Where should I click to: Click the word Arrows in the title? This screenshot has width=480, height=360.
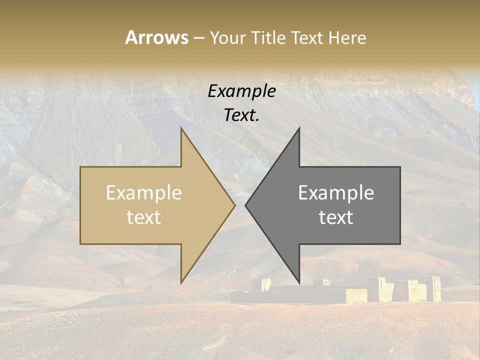pyautogui.click(x=157, y=37)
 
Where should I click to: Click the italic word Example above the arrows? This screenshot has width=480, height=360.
pyautogui.click(x=241, y=91)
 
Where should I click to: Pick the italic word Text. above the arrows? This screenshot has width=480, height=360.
pyautogui.click(x=241, y=115)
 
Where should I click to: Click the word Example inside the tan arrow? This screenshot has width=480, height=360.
pyautogui.click(x=144, y=192)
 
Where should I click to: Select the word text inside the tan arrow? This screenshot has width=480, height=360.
pyautogui.click(x=144, y=217)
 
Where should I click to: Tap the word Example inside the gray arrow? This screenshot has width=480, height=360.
pyautogui.click(x=336, y=192)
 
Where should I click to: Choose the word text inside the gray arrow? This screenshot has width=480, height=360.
pyautogui.click(x=336, y=217)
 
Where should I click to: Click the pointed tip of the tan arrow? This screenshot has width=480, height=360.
pyautogui.click(x=234, y=205)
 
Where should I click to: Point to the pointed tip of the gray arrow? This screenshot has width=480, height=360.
pyautogui.click(x=246, y=205)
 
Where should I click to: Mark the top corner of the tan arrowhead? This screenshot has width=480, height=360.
pyautogui.click(x=181, y=128)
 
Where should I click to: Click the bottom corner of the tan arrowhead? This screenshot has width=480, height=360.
pyautogui.click(x=181, y=282)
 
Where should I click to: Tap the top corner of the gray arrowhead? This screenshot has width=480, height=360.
pyautogui.click(x=299, y=128)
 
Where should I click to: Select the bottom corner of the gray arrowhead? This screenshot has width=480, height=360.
pyautogui.click(x=299, y=282)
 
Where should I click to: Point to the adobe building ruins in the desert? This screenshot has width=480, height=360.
pyautogui.click(x=350, y=290)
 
